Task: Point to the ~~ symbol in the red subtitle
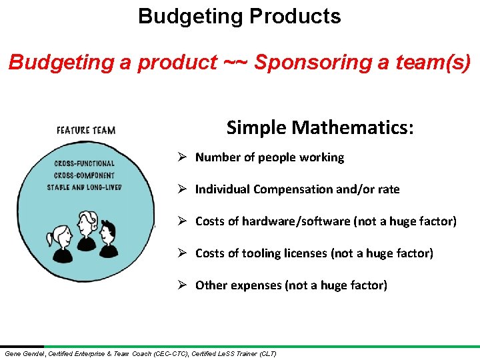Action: [236, 63]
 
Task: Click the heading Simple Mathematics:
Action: [320, 127]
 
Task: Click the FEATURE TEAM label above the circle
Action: [85, 130]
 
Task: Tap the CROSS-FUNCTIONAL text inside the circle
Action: [84, 163]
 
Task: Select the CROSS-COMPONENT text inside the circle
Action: [83, 175]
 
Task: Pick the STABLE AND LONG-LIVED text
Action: [84, 187]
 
